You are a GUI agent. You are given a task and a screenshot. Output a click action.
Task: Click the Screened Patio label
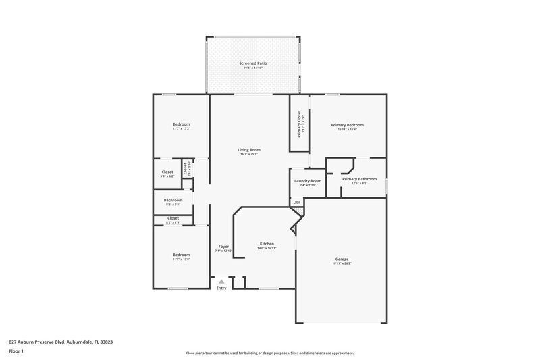(253, 63)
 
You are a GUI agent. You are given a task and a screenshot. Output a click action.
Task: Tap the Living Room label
(249, 149)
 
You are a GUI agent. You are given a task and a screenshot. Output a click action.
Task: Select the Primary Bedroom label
(347, 125)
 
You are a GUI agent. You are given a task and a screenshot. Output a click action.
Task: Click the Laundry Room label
(306, 180)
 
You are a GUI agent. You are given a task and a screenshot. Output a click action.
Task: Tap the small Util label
(296, 202)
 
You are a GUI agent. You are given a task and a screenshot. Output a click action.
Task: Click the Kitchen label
(267, 244)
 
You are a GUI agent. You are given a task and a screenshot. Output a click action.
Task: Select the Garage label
(342, 259)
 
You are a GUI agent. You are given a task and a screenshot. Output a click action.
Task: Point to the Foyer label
(223, 247)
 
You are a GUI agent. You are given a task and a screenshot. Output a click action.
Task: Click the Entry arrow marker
(221, 282)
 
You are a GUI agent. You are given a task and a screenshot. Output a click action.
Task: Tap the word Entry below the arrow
(221, 289)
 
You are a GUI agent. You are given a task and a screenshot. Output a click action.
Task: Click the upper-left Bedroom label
(181, 124)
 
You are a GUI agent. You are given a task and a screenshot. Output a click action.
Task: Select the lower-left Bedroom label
(181, 255)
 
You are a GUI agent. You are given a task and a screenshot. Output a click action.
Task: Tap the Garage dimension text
(342, 263)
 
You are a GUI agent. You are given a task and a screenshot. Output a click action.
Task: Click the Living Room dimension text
(249, 154)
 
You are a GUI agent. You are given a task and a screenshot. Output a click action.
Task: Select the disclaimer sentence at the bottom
(269, 353)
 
